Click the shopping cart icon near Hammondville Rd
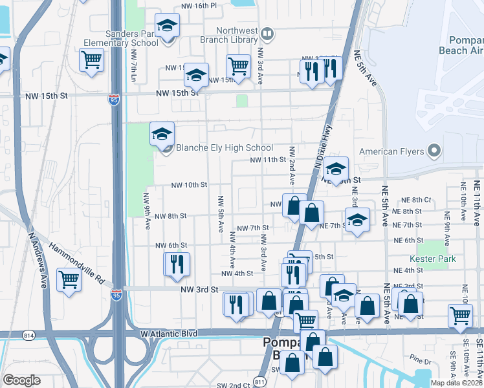click(69, 281)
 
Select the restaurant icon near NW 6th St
click(176, 264)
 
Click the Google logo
click(21, 380)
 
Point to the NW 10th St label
click(188, 185)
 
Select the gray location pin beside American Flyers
click(434, 152)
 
